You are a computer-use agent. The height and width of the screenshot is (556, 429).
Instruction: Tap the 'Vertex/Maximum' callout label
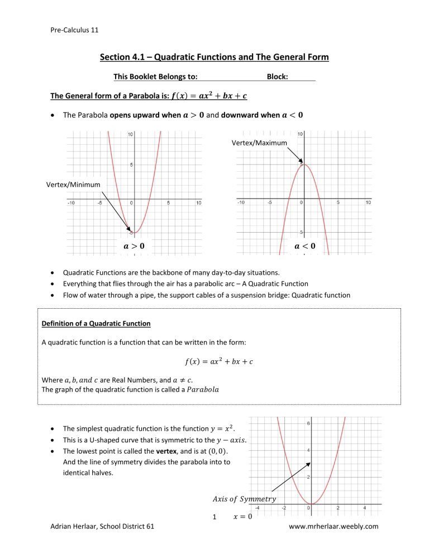pyautogui.click(x=259, y=143)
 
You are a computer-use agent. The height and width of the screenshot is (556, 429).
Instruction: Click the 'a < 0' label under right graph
pyautogui.click(x=304, y=246)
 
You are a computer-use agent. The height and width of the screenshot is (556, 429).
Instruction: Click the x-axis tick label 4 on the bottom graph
pyautogui.click(x=364, y=508)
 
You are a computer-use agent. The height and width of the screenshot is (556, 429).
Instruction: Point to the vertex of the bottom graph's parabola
pyautogui.click(x=311, y=503)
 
